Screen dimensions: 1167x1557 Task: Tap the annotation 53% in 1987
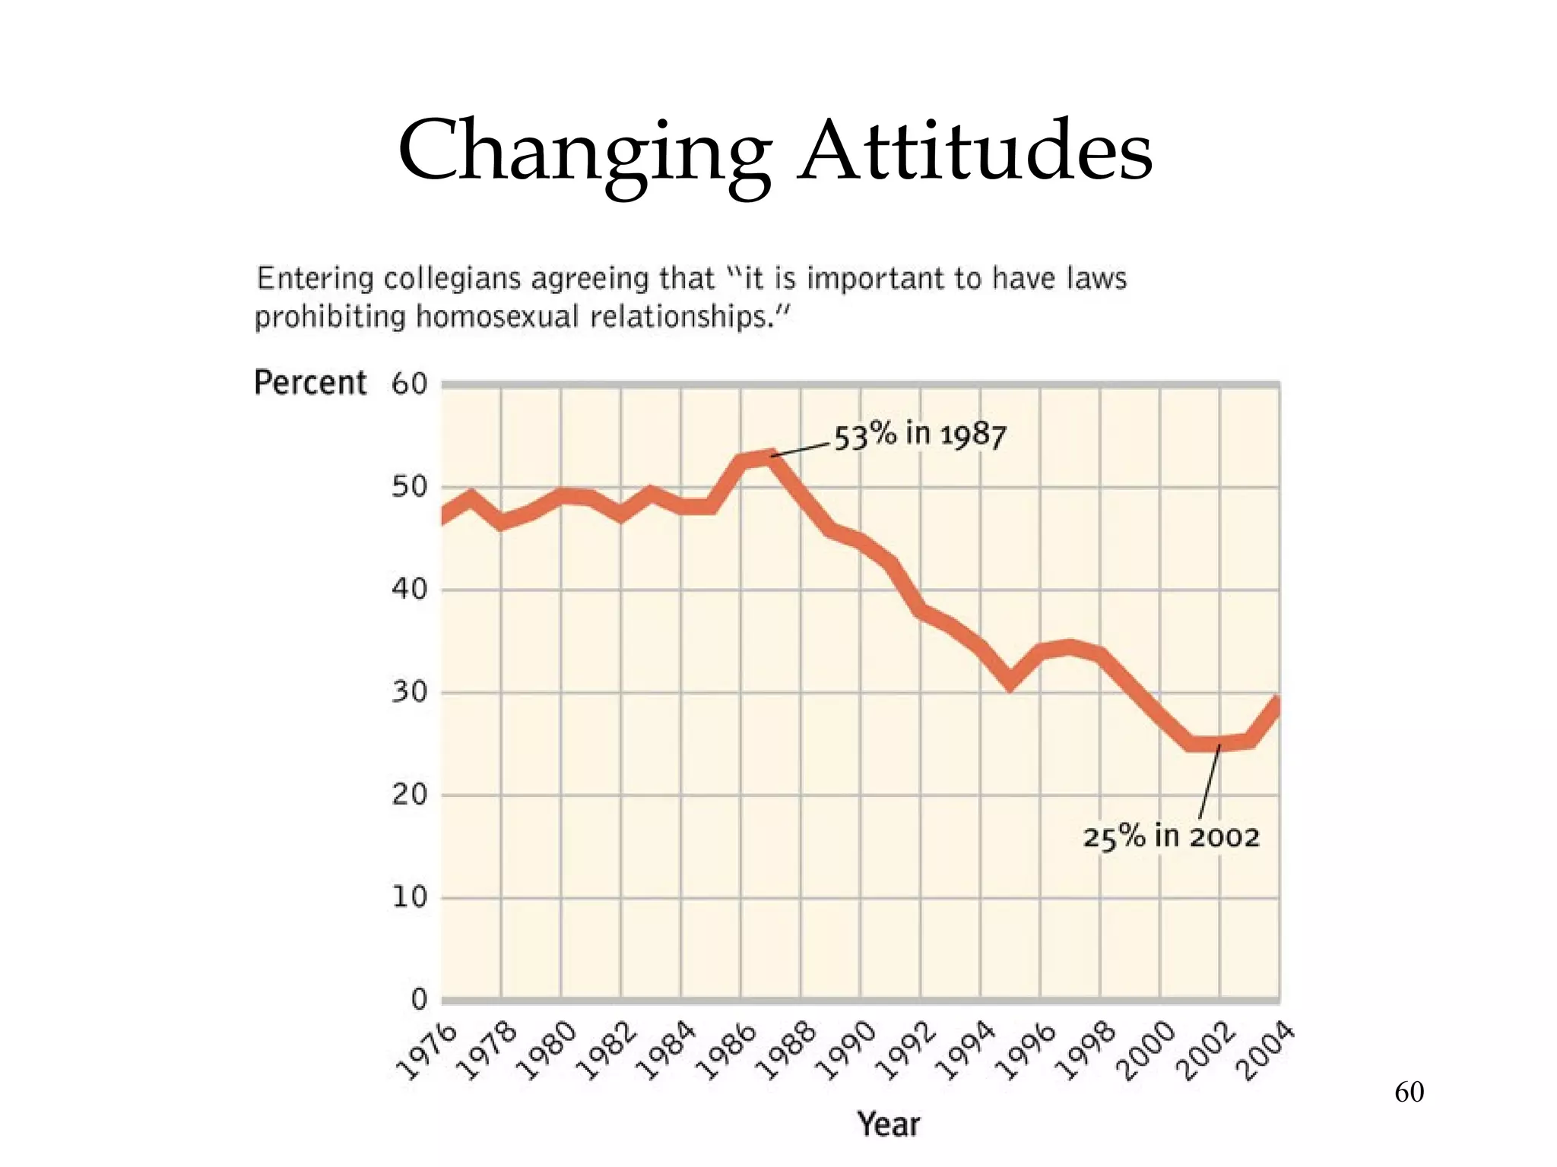pyautogui.click(x=920, y=435)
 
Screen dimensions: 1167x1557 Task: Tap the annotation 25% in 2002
pyautogui.click(x=1171, y=837)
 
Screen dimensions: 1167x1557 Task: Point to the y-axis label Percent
pyautogui.click(x=310, y=382)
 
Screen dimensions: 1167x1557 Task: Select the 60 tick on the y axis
pyautogui.click(x=410, y=384)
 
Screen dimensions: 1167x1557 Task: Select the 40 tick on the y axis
pyautogui.click(x=410, y=589)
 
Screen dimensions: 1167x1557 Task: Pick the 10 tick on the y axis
pyautogui.click(x=410, y=897)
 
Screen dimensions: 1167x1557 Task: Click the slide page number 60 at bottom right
pyautogui.click(x=1409, y=1092)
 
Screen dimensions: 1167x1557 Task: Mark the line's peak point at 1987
pyautogui.click(x=772, y=456)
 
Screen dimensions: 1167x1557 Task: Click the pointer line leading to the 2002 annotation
pyautogui.click(x=1209, y=783)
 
